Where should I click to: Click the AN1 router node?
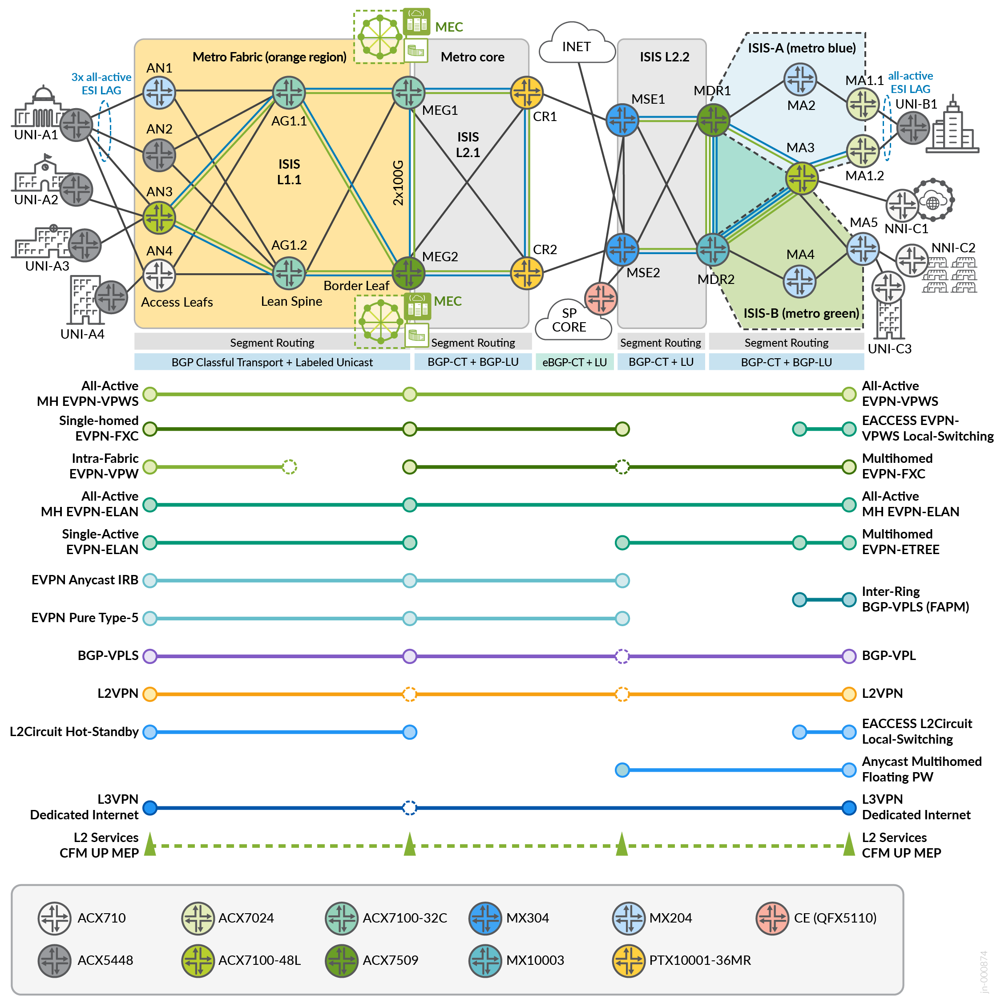[x=159, y=93]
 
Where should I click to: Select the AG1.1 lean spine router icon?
[x=289, y=93]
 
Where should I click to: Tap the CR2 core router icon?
[x=527, y=273]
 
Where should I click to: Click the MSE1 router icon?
[x=622, y=120]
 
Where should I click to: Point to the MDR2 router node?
[x=712, y=249]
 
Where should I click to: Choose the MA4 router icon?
[x=799, y=282]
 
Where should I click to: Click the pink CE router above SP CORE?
[x=601, y=298]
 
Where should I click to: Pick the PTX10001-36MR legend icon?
[x=629, y=961]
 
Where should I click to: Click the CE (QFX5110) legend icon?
[x=772, y=918]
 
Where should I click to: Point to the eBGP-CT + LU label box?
[x=574, y=362]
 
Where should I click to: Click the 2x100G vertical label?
[x=398, y=182]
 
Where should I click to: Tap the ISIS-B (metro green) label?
[x=801, y=313]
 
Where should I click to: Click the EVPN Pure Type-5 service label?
[x=85, y=618]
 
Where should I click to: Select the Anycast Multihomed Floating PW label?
[x=921, y=769]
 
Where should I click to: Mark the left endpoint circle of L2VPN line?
[x=149, y=694]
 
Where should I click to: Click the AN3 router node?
[x=159, y=218]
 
